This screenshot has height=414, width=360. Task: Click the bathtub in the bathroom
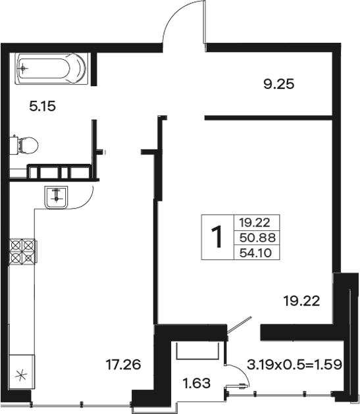(51, 68)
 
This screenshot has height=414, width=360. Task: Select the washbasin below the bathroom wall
(56, 197)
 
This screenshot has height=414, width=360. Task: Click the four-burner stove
(22, 251)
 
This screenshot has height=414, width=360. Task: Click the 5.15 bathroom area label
(43, 107)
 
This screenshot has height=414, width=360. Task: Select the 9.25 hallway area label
(278, 84)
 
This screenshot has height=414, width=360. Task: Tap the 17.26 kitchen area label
(123, 365)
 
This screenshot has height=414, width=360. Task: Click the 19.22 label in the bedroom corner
(301, 301)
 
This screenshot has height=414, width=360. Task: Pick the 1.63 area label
(197, 383)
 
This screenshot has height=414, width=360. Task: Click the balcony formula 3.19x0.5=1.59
(294, 365)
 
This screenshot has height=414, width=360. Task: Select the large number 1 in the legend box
(218, 237)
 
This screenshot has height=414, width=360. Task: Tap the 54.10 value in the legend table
(255, 253)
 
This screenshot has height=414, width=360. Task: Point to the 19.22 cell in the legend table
(255, 222)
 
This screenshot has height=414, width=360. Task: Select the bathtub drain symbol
(23, 68)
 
